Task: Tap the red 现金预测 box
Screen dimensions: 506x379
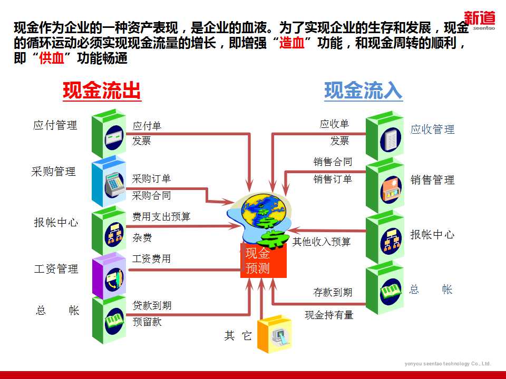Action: pyautogui.click(x=263, y=261)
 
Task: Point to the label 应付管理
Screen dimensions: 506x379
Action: pyautogui.click(x=55, y=125)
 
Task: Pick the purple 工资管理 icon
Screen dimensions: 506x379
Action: pyautogui.click(x=110, y=276)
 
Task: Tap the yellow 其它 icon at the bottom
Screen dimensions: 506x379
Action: pyautogui.click(x=274, y=335)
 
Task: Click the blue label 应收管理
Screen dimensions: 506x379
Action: pyautogui.click(x=432, y=129)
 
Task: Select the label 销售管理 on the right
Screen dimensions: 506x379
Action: pyautogui.click(x=432, y=180)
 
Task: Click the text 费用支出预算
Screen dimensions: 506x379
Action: pyautogui.click(x=161, y=216)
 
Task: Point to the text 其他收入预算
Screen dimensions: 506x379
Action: pyautogui.click(x=322, y=242)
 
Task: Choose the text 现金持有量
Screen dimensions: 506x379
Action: pyautogui.click(x=329, y=315)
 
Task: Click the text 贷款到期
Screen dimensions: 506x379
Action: pyautogui.click(x=152, y=305)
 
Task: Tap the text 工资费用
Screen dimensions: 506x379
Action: pyautogui.click(x=151, y=259)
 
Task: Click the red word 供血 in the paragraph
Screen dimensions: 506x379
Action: pyautogui.click(x=52, y=58)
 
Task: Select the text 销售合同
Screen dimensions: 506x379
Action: pyautogui.click(x=333, y=162)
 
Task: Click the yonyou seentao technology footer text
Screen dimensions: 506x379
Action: pyautogui.click(x=447, y=364)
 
